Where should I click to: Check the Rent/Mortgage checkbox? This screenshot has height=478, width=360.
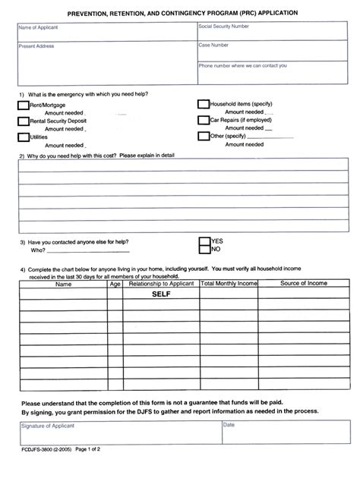[x=23, y=105]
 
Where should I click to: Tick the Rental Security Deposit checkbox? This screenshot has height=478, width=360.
[x=23, y=121]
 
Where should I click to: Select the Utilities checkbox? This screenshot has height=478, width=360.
[x=23, y=137]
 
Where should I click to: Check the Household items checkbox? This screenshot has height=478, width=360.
[x=203, y=105]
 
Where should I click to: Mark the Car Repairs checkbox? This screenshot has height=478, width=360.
[x=203, y=120]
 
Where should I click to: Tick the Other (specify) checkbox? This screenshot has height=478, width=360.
[x=203, y=137]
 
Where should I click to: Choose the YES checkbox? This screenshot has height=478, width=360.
[x=204, y=239]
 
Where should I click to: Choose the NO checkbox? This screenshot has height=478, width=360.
[x=204, y=249]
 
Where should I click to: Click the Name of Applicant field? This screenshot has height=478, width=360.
[x=105, y=32]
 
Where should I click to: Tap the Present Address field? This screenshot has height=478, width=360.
[x=105, y=60]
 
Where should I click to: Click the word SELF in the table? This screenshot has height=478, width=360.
[x=161, y=294]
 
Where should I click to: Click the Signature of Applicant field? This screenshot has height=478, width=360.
[x=119, y=434]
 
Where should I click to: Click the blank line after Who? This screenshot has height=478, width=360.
[x=88, y=250]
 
